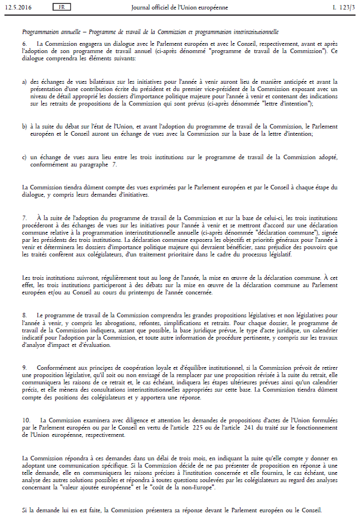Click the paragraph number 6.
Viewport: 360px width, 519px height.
pyautogui.click(x=25, y=44)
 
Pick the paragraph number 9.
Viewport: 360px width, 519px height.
pyautogui.click(x=25, y=368)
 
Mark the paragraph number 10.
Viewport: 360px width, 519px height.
pyautogui.click(x=26, y=420)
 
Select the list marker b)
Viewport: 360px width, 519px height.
pyautogui.click(x=25, y=127)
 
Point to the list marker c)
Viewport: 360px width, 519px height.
pyautogui.click(x=25, y=157)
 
